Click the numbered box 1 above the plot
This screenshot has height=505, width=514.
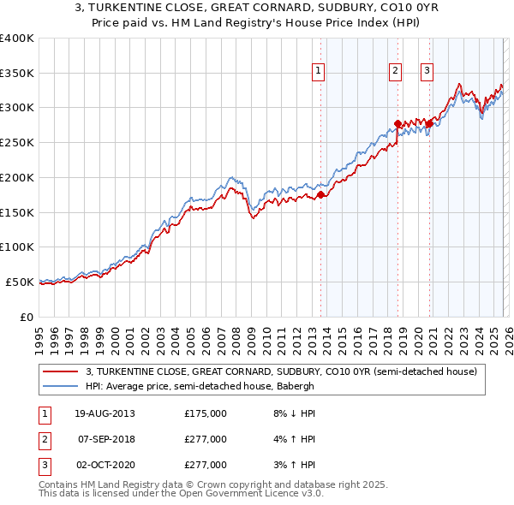coord(319,71)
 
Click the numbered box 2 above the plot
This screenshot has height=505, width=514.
coord(396,71)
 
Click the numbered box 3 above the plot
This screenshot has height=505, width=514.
coord(427,71)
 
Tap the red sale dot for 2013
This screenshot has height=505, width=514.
coord(321,195)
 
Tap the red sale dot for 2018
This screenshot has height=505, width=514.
coord(398,124)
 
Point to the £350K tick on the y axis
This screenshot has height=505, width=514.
coord(17,74)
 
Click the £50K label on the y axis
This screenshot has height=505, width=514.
coord(20,282)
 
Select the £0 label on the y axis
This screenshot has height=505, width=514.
coord(27,317)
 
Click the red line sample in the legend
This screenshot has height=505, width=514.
coord(62,371)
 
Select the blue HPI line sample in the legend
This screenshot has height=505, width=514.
coord(62,386)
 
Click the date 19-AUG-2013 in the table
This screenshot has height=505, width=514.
coord(105,413)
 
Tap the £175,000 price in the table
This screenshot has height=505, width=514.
coord(206,413)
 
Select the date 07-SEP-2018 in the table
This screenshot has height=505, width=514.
coord(105,439)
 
